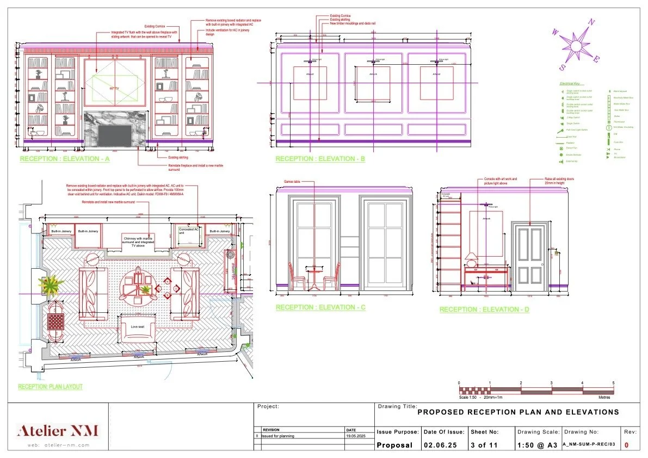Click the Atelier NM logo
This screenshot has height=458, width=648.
click(58, 431)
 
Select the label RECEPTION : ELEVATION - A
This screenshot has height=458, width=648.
click(65, 159)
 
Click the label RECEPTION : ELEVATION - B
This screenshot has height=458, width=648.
click(320, 159)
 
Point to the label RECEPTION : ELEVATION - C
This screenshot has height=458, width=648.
click(320, 307)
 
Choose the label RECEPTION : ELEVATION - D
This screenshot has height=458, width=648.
click(484, 310)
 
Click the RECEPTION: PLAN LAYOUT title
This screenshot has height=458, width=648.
click(50, 387)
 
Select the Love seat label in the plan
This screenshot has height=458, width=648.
click(138, 327)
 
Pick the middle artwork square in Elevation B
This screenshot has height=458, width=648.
click(373, 83)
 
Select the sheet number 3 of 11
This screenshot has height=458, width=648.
click(484, 444)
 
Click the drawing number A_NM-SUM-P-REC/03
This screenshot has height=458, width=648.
click(589, 444)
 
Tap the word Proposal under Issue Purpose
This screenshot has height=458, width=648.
click(395, 444)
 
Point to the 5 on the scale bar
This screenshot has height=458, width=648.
click(613, 383)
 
